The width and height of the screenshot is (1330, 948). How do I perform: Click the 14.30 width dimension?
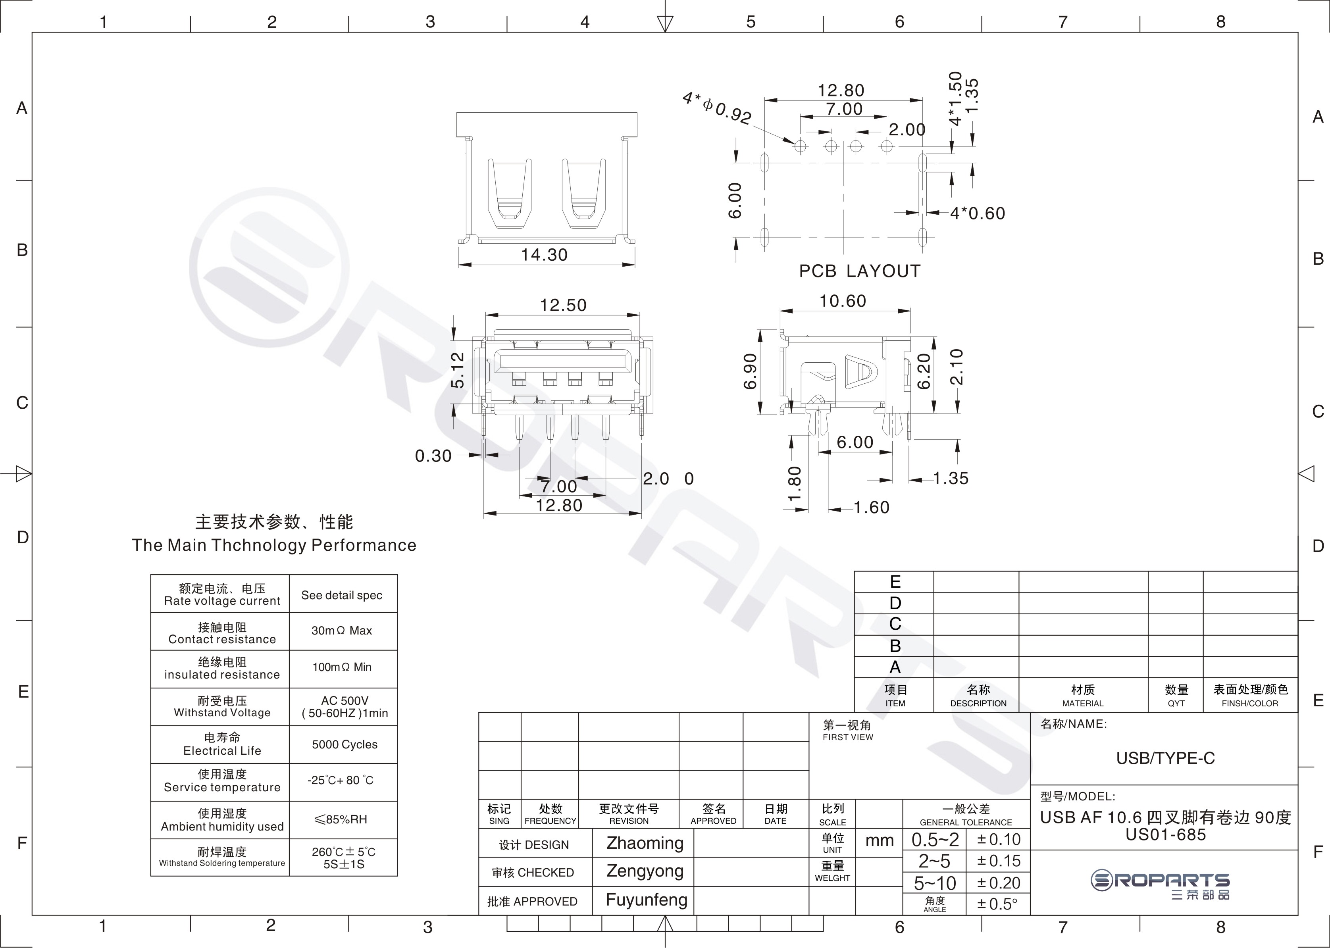pyautogui.click(x=544, y=255)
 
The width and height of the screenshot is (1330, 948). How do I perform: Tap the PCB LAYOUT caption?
pyautogui.click(x=859, y=271)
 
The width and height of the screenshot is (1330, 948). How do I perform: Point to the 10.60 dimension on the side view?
pyautogui.click(x=843, y=301)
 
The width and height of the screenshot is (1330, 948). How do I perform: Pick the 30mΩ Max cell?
pyautogui.click(x=342, y=631)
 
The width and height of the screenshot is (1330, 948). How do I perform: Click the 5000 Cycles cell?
pyautogui.click(x=345, y=744)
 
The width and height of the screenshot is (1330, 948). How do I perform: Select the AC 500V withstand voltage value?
pyautogui.click(x=345, y=700)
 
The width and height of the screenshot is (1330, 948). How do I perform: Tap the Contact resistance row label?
pyautogui.click(x=222, y=639)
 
